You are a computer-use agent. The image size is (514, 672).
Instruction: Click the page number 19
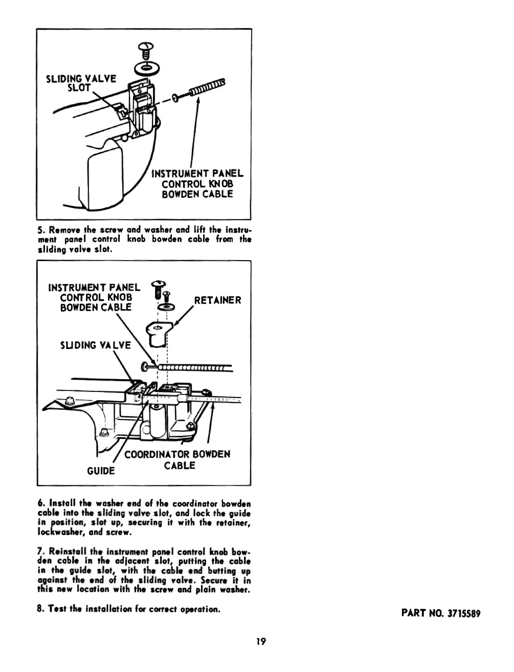[x=261, y=641]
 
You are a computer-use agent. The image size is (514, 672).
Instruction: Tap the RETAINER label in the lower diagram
[x=217, y=300]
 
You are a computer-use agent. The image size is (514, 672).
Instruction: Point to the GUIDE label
[x=101, y=471]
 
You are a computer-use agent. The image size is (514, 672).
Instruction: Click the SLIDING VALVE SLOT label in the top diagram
[x=81, y=83]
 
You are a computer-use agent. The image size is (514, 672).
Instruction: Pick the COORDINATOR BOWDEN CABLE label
[x=177, y=459]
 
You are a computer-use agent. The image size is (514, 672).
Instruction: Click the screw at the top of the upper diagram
[x=146, y=51]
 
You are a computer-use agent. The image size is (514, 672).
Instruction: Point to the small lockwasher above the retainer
[x=166, y=307]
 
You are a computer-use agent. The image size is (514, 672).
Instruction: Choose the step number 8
[x=40, y=609]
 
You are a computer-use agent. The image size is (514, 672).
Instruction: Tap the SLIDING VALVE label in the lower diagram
[x=95, y=345]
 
